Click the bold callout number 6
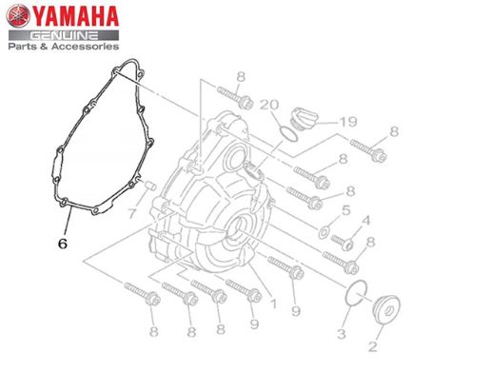63,244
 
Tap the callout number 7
133,213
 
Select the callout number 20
269,105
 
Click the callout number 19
348,122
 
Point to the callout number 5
345,210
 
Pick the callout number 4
366,220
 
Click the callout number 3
342,333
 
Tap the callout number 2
373,346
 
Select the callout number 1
273,304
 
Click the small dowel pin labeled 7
149,186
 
